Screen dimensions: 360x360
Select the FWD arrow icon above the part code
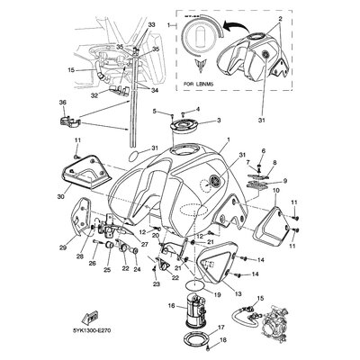click(x=91, y=316)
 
